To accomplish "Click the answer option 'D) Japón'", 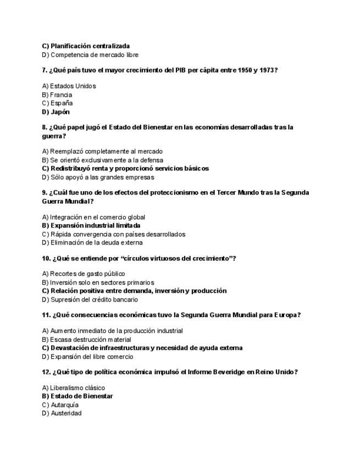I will tap(56, 112).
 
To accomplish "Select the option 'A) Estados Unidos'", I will tap(69, 86).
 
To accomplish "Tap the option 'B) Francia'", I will tap(57, 95).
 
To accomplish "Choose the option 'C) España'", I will tap(57, 103).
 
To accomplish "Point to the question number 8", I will tap(45, 127).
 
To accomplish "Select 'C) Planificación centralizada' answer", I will tap(86, 46).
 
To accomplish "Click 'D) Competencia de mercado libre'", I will tap(90, 55).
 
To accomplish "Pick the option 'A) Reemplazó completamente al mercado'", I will tap(102, 152).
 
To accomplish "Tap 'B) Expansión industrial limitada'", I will tap(91, 225).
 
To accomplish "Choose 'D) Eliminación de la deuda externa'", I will tap(92, 243).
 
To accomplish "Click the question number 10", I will tap(46, 259).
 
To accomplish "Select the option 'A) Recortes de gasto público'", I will tap(84, 274).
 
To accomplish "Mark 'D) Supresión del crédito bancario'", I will tap(90, 300).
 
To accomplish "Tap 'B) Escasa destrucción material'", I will tap(87, 340).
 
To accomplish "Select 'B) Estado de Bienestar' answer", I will tap(77, 396).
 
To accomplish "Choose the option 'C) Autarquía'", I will tap(60, 405).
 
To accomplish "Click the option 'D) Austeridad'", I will tap(62, 413).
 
